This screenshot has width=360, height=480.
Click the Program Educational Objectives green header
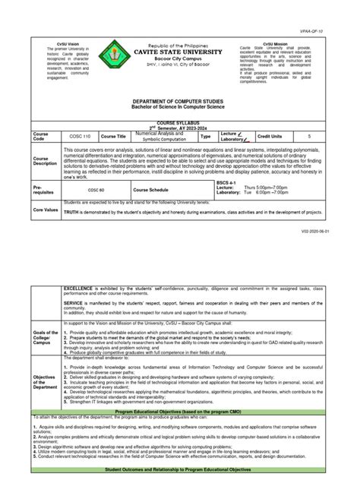pyautogui.click(x=180, y=410)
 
